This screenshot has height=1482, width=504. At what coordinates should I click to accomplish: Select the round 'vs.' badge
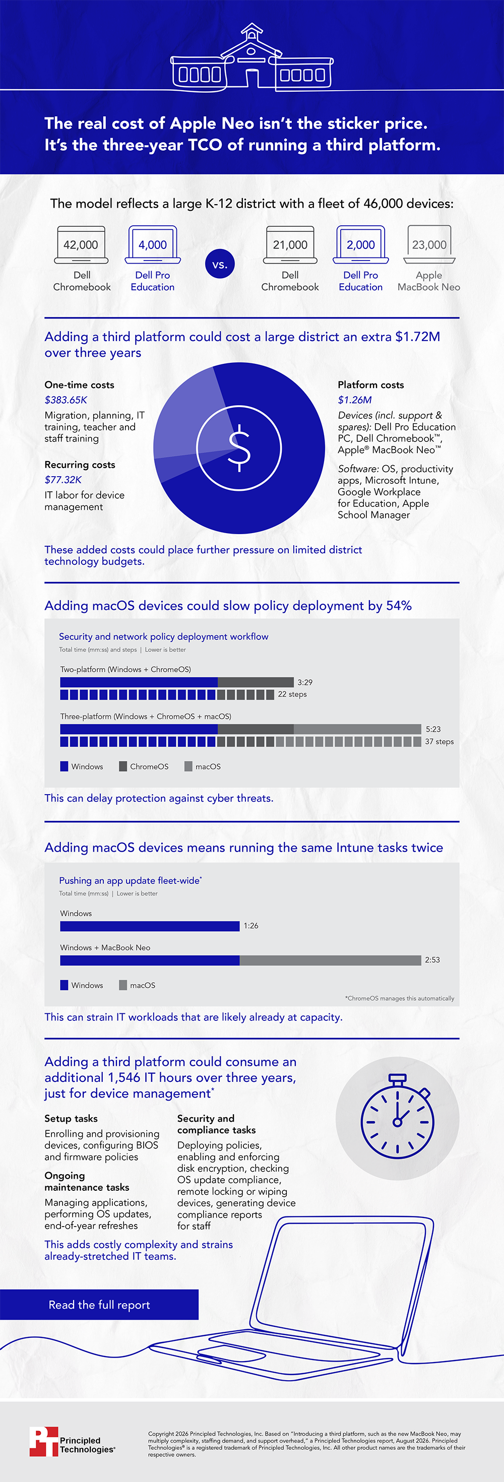220,264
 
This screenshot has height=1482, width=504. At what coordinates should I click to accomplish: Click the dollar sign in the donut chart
239,447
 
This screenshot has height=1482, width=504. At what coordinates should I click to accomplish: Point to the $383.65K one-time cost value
66,400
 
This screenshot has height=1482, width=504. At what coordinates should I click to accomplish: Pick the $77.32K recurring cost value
64,480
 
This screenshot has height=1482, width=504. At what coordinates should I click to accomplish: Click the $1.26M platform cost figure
355,400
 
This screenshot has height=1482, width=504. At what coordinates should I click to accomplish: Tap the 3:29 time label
305,682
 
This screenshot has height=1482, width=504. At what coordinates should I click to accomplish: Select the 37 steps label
439,742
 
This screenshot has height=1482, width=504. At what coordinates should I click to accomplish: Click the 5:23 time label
433,729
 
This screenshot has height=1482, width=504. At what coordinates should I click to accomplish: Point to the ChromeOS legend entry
144,766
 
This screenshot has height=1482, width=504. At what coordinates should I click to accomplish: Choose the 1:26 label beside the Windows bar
251,926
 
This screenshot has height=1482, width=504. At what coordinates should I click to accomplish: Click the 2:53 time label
432,959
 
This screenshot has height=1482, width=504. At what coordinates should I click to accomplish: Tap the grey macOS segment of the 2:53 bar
330,960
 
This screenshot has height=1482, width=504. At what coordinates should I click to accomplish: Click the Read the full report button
99,1305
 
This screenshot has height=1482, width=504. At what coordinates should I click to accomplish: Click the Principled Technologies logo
73,1441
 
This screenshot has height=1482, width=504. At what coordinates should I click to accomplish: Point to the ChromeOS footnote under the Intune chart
399,998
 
